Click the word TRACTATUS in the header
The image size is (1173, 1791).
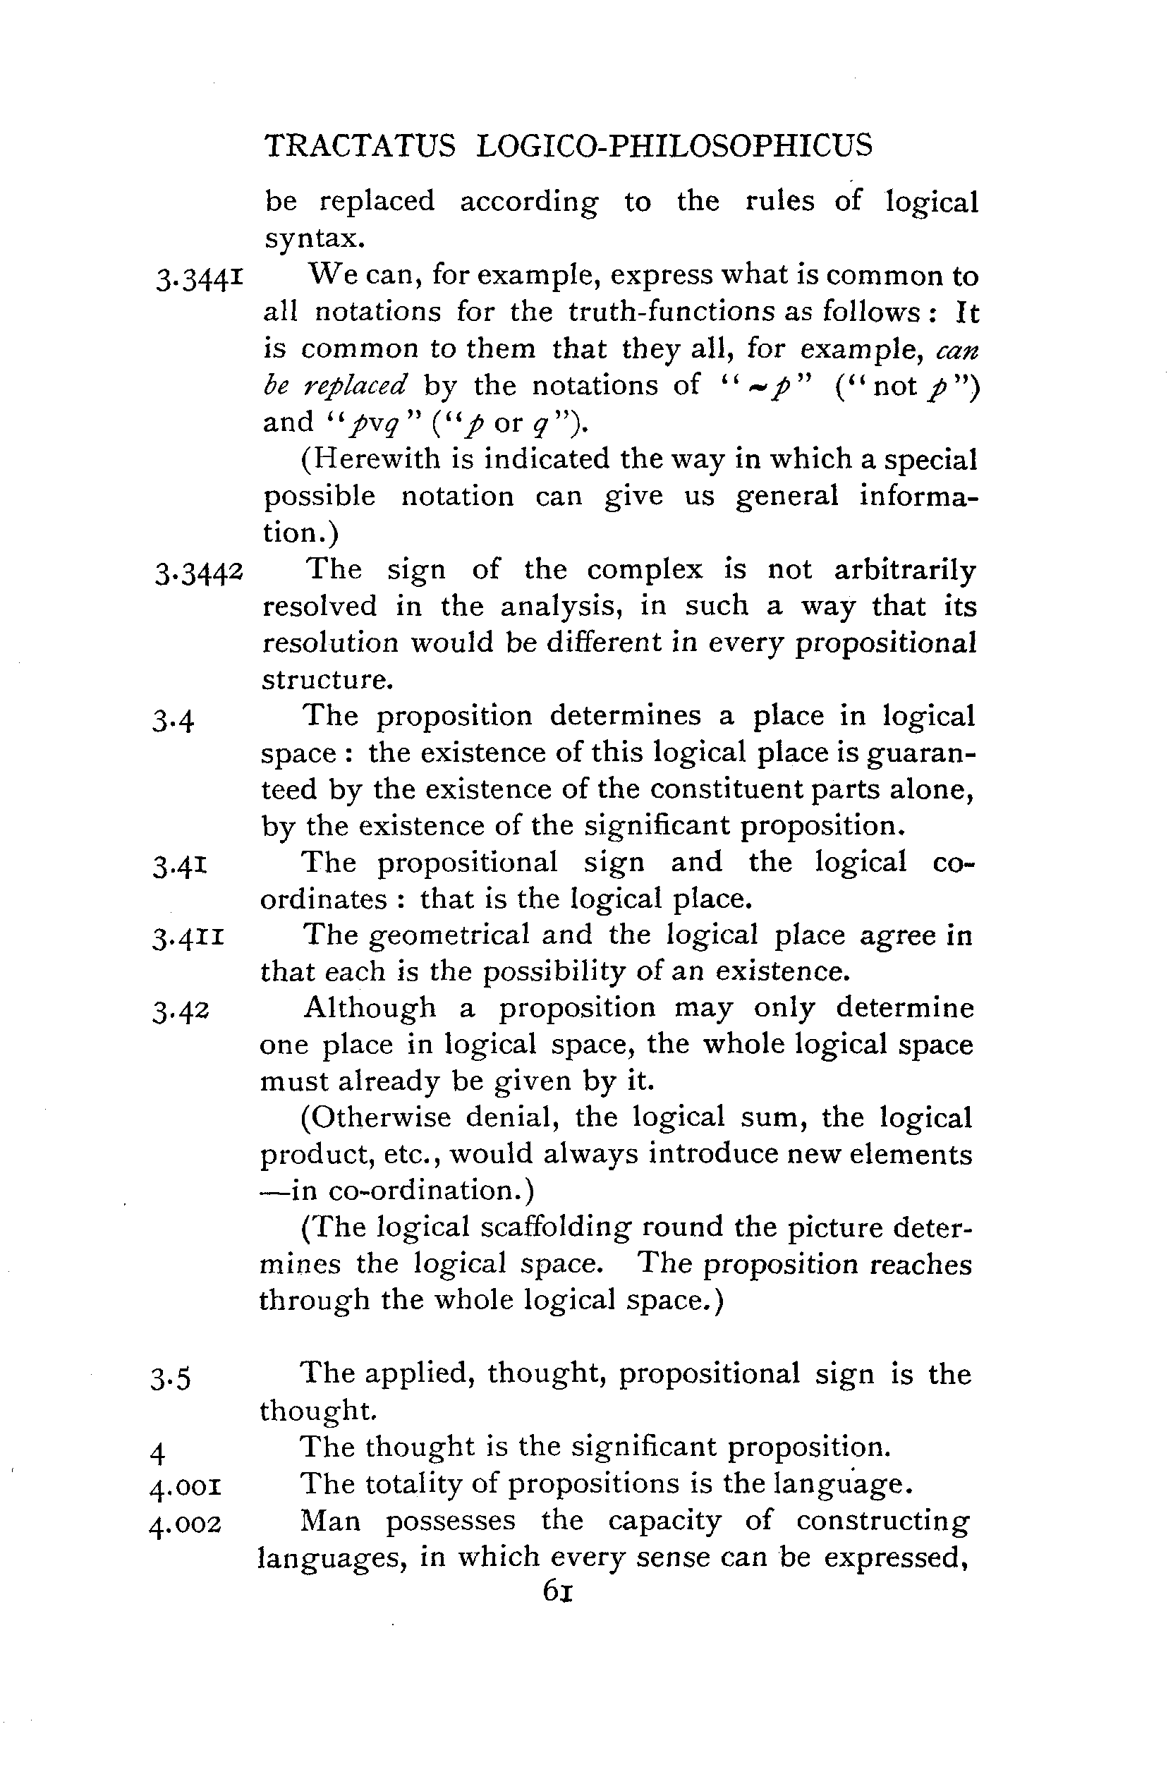click(360, 145)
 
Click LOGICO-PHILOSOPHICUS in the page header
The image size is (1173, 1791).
click(674, 145)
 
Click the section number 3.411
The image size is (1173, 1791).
click(188, 938)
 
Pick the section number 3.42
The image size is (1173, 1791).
click(180, 1012)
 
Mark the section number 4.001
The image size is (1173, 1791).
click(185, 1488)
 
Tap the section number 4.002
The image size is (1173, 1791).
click(185, 1525)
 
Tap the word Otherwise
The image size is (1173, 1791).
click(375, 1117)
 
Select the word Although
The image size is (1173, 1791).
click(370, 1009)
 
